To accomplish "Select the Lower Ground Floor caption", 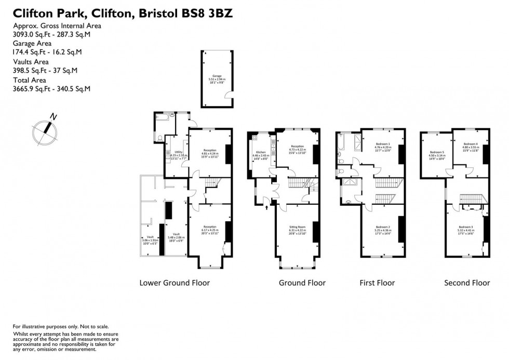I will point(175,283).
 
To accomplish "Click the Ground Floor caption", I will point(302,283).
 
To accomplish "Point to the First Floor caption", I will point(377,283).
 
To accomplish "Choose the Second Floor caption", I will point(467,283).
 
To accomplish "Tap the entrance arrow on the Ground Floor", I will point(267,208).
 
